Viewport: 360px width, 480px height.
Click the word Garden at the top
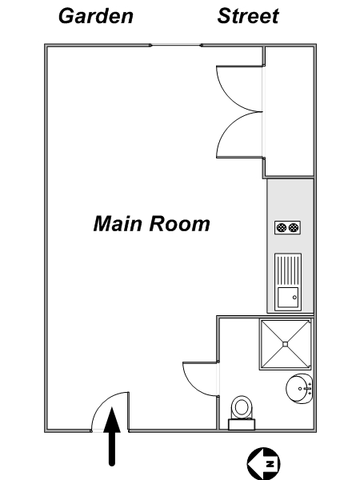[x=96, y=16]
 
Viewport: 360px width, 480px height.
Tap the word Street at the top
[x=248, y=16]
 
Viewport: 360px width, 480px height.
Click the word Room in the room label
[x=180, y=223]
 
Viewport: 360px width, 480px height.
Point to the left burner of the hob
[x=282, y=227]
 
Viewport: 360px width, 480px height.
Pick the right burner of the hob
[x=294, y=227]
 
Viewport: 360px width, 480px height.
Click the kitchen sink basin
[x=288, y=298]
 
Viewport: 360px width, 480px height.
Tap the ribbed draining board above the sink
[x=288, y=270]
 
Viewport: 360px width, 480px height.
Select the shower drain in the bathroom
[x=286, y=344]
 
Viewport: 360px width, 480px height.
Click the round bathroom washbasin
[x=299, y=389]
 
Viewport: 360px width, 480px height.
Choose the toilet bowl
[x=242, y=407]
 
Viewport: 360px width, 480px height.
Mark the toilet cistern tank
[x=242, y=425]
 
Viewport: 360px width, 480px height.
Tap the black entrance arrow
[x=112, y=437]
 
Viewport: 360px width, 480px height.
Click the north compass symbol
[x=263, y=463]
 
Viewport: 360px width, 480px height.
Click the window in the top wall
[x=176, y=46]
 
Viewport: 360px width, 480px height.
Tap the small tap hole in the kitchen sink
[x=294, y=298]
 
